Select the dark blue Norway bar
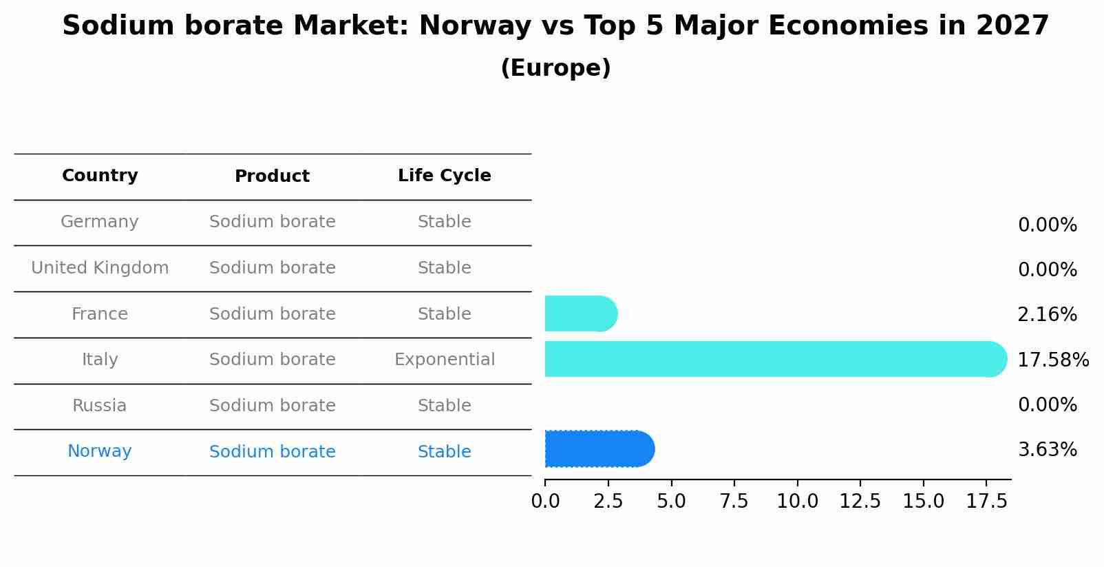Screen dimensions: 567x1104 (599, 449)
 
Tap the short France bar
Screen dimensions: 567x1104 (580, 313)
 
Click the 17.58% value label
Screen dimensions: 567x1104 (1052, 360)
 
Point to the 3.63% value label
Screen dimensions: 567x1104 (1047, 450)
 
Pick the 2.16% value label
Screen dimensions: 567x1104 (1047, 315)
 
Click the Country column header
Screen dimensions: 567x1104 (100, 176)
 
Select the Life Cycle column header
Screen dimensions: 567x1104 (444, 176)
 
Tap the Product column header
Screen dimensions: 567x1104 (272, 176)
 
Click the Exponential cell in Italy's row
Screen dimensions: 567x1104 (444, 360)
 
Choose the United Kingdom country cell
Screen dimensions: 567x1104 (100, 268)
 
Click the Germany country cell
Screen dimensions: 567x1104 (100, 222)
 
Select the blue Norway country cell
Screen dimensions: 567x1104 (100, 451)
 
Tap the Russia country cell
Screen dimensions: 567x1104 (100, 406)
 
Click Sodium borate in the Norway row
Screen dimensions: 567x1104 (272, 452)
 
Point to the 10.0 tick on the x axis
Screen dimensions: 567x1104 (797, 501)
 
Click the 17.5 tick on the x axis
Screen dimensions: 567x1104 (986, 501)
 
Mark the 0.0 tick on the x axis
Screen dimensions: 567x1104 (545, 501)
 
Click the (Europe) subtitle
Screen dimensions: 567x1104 (555, 68)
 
